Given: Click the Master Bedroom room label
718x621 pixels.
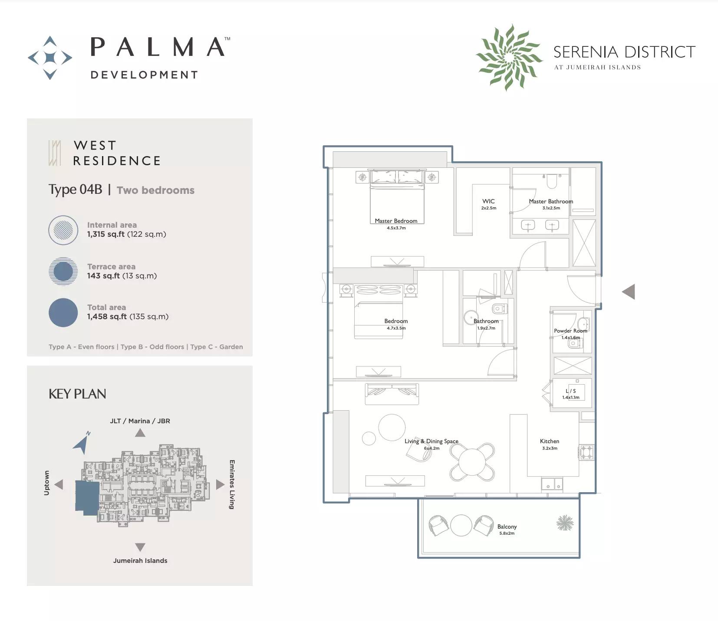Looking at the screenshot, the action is (396, 221).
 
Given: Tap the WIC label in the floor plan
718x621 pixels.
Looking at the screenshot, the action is (488, 201).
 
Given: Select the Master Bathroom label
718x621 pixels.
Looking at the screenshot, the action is (551, 201).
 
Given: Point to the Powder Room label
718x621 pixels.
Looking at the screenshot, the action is (570, 330).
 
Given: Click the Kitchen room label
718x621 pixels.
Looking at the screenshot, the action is (550, 441).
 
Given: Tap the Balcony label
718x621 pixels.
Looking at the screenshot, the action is (507, 526).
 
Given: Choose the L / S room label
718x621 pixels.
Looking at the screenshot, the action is (571, 391).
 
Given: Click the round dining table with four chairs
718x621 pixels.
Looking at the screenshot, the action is (472, 461).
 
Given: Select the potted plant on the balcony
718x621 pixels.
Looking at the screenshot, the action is (565, 523).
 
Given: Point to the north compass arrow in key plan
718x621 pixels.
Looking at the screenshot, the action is (82, 443).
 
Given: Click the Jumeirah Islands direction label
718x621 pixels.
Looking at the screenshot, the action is (140, 560).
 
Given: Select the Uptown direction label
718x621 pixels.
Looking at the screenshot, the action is (46, 483).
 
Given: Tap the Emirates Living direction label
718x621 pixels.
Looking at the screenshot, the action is (232, 484).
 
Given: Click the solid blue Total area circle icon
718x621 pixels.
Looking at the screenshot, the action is (63, 312).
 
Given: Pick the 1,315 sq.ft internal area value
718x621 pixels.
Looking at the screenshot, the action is (106, 234).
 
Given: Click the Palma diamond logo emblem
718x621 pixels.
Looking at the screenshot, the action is (50, 58).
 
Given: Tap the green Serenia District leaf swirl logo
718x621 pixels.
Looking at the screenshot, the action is (509, 57).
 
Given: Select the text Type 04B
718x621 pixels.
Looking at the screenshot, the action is (76, 190).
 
